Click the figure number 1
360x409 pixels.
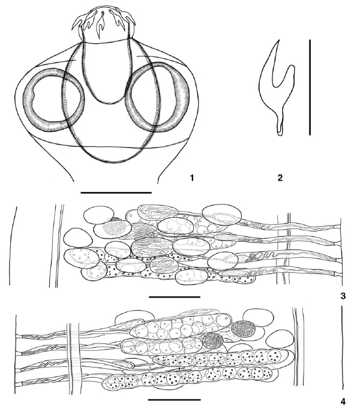[x=192, y=178]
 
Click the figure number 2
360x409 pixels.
[x=280, y=178]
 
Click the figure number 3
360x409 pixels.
[x=343, y=296]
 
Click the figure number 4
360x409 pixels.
[x=343, y=402]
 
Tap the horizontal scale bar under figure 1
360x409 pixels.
[x=116, y=193]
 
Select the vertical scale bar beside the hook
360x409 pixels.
[x=310, y=88]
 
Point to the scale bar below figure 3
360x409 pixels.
[x=175, y=297]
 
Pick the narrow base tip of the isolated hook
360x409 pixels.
[x=280, y=134]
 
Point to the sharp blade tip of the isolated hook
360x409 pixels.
[x=278, y=40]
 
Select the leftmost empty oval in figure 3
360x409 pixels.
[x=77, y=237]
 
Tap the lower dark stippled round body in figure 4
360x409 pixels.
[x=213, y=341]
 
